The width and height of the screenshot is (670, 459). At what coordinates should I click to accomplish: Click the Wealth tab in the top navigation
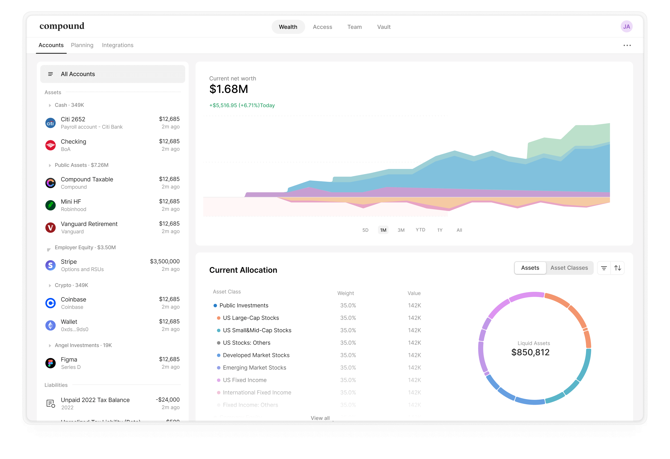[288, 27]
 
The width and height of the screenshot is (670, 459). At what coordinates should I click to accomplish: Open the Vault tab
[384, 27]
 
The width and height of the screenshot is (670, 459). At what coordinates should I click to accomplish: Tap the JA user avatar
[626, 27]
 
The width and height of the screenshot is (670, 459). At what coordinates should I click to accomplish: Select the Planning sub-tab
[82, 45]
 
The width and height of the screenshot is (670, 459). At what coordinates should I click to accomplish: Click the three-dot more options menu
[627, 45]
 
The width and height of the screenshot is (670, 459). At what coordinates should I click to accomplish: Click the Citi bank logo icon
[50, 123]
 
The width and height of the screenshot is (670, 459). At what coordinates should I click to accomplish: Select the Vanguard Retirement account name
[89, 224]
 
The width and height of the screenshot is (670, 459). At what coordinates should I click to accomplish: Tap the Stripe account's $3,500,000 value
[165, 261]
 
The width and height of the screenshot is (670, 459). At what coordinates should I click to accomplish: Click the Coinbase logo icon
[50, 303]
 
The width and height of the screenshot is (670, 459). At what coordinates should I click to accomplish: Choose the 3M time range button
[401, 230]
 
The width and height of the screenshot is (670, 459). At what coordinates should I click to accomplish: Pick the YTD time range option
[420, 230]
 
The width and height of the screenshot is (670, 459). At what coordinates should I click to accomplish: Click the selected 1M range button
[383, 230]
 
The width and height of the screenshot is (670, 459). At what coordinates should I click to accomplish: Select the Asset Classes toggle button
[569, 268]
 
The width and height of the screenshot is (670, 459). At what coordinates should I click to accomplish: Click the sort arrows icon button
[618, 268]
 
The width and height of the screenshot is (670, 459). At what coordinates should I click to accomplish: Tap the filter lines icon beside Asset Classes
[604, 268]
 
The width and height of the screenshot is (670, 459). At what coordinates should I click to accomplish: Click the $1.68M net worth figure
[229, 89]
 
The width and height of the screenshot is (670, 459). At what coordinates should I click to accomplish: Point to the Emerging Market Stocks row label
[254, 368]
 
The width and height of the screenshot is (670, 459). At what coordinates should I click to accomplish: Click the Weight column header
[345, 293]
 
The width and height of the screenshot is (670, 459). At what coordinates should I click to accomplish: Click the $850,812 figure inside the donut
[530, 352]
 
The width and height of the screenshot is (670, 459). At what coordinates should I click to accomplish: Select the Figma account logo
[50, 363]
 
